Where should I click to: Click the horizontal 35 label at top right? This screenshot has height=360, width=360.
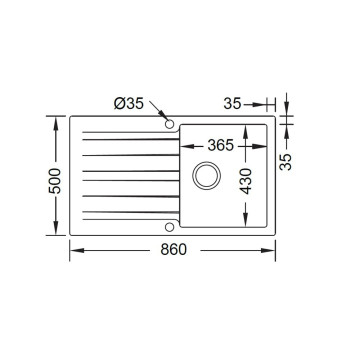233,102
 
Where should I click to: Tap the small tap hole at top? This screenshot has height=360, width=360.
169,125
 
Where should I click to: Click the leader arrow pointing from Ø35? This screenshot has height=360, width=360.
159,115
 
